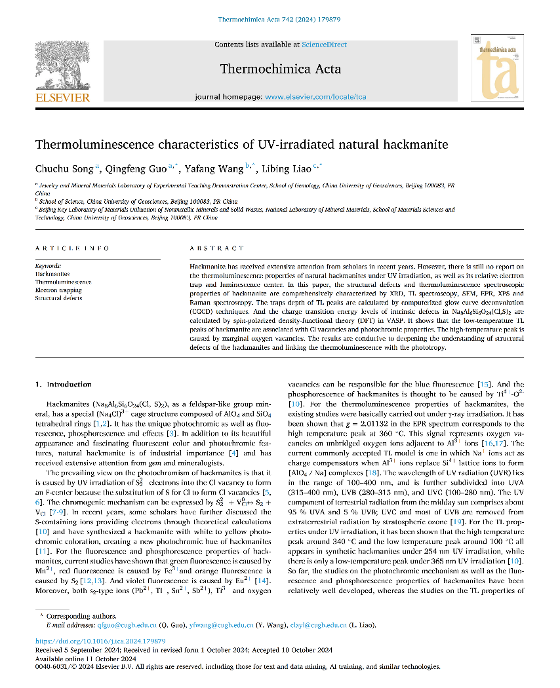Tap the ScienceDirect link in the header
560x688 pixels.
point(324,45)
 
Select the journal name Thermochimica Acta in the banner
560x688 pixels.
point(280,69)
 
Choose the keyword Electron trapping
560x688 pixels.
point(58,290)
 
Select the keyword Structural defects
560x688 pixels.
point(58,298)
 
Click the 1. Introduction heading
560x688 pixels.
point(63,384)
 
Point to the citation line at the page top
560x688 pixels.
point(279,20)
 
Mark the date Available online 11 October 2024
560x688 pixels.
point(85,659)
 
